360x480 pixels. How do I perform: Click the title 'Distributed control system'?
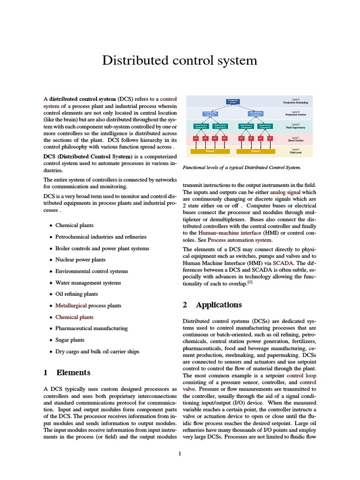coord(180,60)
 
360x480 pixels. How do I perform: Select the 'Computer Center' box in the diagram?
coord(233,101)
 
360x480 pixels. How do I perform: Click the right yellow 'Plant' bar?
coord(256,151)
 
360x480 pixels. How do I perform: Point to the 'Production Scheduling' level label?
coord(295,101)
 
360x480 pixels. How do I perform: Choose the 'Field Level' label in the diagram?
coord(295,152)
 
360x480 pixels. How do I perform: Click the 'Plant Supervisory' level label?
coord(295,127)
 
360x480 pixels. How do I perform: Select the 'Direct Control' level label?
coord(295,139)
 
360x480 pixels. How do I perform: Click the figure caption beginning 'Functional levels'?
coord(241,167)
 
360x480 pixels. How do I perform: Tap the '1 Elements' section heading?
coord(67,373)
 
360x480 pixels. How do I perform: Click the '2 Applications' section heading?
coord(212,305)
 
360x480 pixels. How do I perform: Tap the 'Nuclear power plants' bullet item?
coord(80,260)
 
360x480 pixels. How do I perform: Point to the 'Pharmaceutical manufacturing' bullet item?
coord(91,329)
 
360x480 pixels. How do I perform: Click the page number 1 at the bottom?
coord(180,453)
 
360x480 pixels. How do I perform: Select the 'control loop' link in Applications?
coord(301,376)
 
